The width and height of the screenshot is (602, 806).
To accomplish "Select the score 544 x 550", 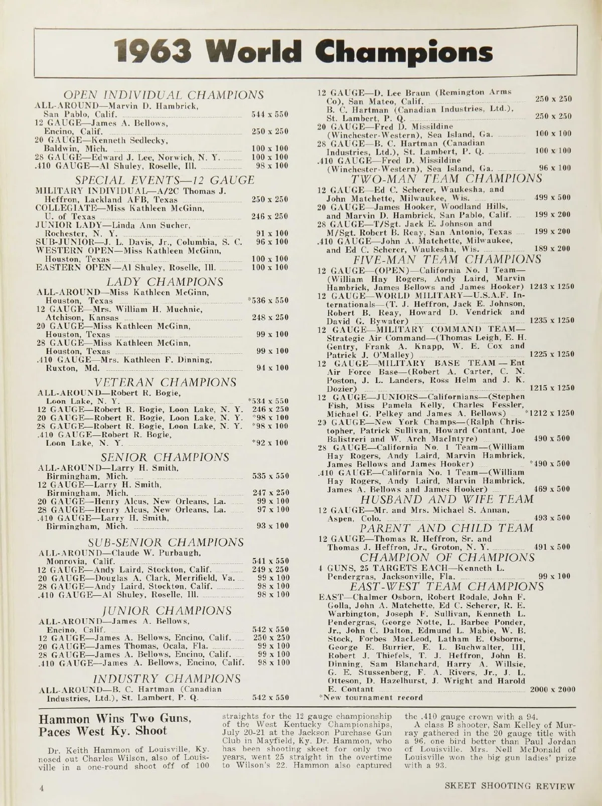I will coord(270,115).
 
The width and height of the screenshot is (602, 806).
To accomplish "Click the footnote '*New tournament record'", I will coord(370,698).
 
